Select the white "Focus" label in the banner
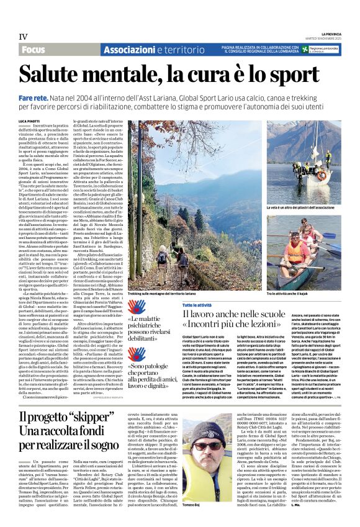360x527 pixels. coord(33,49)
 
